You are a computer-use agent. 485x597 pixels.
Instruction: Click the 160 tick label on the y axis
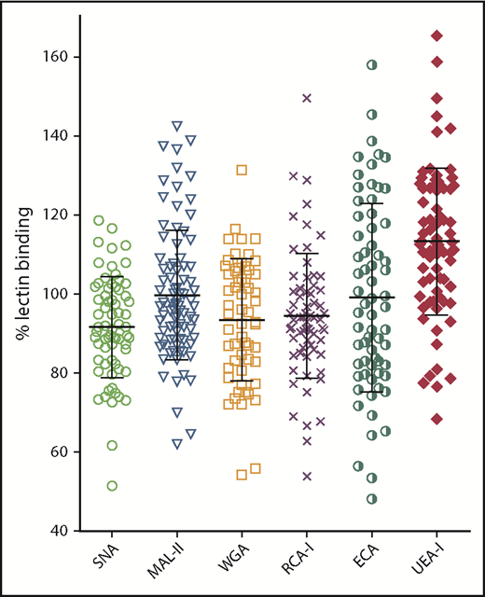point(66,57)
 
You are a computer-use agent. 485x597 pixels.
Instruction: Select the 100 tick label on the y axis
point(66,294)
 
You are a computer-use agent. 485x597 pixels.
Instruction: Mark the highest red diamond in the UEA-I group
point(436,35)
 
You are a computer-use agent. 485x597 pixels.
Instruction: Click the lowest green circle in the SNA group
point(112,485)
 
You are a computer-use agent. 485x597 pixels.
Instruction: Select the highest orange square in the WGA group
point(242,170)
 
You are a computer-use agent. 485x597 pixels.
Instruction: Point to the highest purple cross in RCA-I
point(306,98)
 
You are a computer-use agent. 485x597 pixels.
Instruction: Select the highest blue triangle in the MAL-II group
point(177,126)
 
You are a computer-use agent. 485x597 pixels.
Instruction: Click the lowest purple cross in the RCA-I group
point(306,476)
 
